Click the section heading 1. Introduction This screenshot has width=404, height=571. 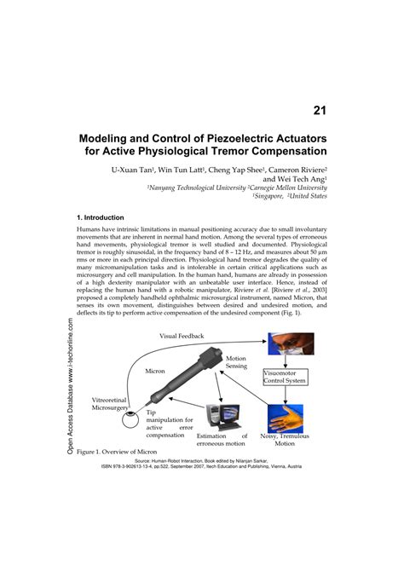click(x=101, y=218)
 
